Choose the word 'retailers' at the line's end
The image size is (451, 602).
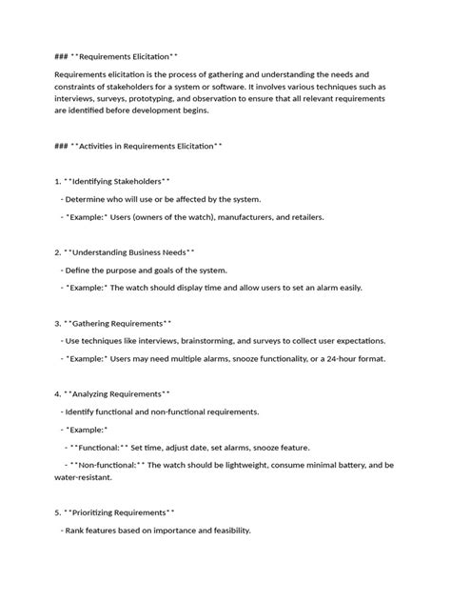pos(304,217)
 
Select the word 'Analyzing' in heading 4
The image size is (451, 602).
pos(90,393)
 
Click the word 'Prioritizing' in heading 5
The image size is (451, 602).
pos(92,512)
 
